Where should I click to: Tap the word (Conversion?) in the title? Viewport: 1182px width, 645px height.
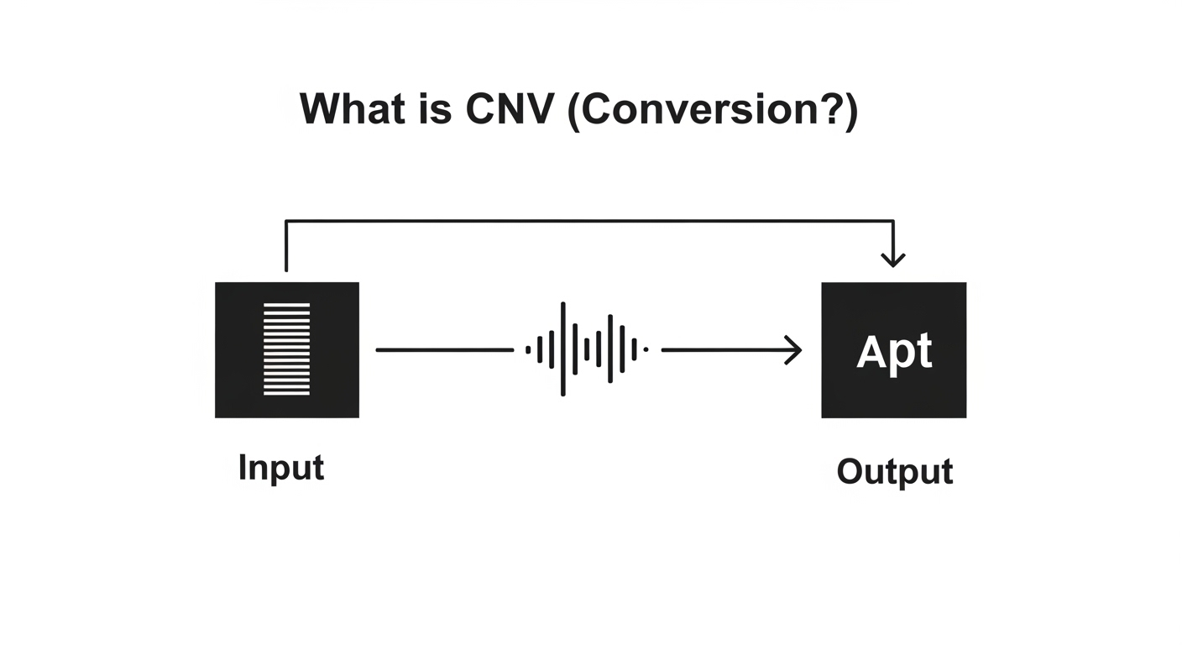(713, 111)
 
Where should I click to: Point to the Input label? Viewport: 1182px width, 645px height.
(280, 468)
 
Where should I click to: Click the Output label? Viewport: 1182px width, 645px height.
(894, 471)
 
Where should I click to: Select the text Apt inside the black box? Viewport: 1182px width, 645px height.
(894, 352)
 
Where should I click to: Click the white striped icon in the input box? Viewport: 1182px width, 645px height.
(287, 349)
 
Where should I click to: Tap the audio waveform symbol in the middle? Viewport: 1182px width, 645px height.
(587, 349)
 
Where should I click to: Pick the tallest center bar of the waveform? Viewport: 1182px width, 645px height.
(562, 349)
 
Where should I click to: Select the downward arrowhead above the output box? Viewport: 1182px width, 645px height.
(894, 259)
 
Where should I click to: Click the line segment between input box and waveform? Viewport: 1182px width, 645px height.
(444, 349)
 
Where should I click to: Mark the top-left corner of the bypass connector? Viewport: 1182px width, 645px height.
(287, 221)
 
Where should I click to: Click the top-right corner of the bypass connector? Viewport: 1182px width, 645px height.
(894, 221)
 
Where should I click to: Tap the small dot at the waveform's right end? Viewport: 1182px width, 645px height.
(645, 349)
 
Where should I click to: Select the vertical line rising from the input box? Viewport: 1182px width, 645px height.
(287, 248)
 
